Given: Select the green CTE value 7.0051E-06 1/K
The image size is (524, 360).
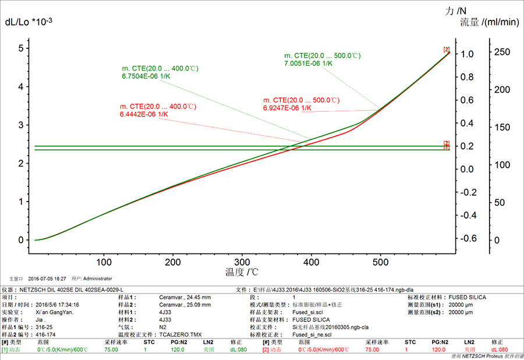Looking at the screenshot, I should point(308,63).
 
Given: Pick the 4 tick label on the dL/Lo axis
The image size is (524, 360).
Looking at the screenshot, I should point(21,87).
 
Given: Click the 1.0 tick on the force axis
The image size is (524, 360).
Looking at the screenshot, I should point(468,54).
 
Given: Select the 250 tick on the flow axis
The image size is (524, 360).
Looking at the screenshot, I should point(502,52).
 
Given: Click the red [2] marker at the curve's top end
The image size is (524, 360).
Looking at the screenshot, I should point(447,50).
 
